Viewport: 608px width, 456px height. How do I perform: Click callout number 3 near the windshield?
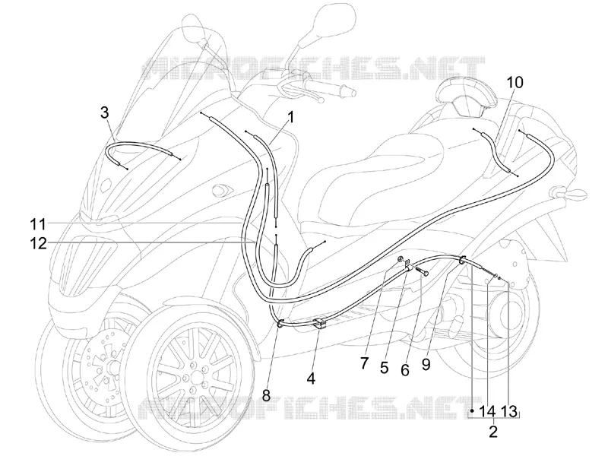point(104,112)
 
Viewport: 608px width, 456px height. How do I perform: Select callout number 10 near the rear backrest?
point(515,83)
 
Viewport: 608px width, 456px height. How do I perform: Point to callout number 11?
point(39,224)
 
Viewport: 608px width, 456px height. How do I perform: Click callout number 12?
point(39,244)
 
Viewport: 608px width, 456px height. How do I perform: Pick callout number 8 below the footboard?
point(266,395)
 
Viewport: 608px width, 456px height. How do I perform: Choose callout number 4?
point(311,378)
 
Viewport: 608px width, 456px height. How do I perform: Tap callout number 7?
point(364,363)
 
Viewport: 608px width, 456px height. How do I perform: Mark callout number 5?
point(385,368)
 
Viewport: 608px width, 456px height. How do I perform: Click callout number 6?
point(405,370)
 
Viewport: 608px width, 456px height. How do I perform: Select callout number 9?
point(426,365)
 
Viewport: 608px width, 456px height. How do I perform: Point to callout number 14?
point(488,411)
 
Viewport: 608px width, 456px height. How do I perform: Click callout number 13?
point(508,411)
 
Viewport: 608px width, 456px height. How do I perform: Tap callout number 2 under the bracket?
point(492,431)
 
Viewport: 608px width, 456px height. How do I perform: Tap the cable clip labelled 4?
point(320,322)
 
